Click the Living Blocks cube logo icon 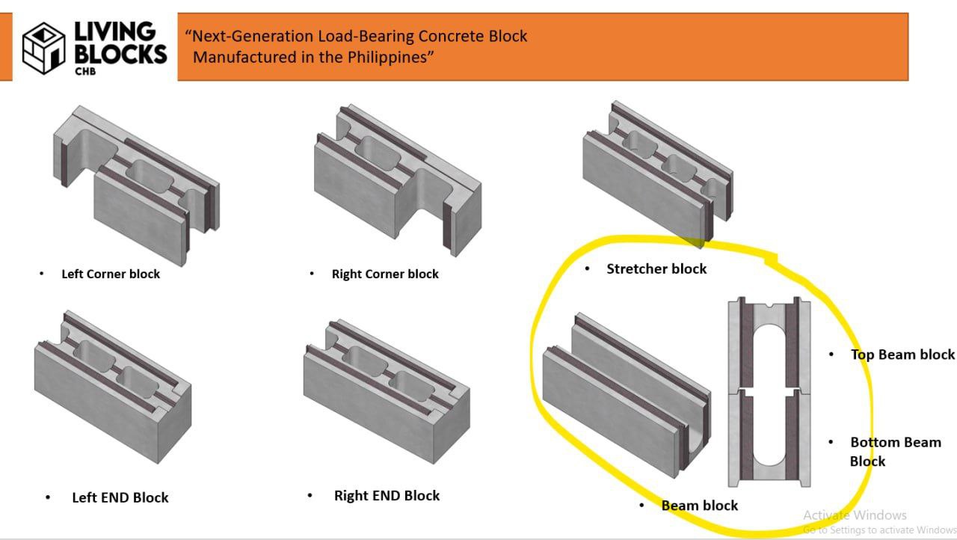pyautogui.click(x=43, y=47)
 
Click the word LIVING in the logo pyautogui.click(x=114, y=31)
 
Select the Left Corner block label pyautogui.click(x=111, y=274)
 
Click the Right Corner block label pyautogui.click(x=385, y=274)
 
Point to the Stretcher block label pyautogui.click(x=656, y=269)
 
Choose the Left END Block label pyautogui.click(x=120, y=497)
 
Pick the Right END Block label pyautogui.click(x=387, y=495)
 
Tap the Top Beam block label pyautogui.click(x=902, y=355)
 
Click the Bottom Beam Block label pyautogui.click(x=895, y=451)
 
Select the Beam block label pyautogui.click(x=699, y=506)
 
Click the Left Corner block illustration pyautogui.click(x=135, y=183)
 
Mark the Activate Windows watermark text pyautogui.click(x=855, y=515)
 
